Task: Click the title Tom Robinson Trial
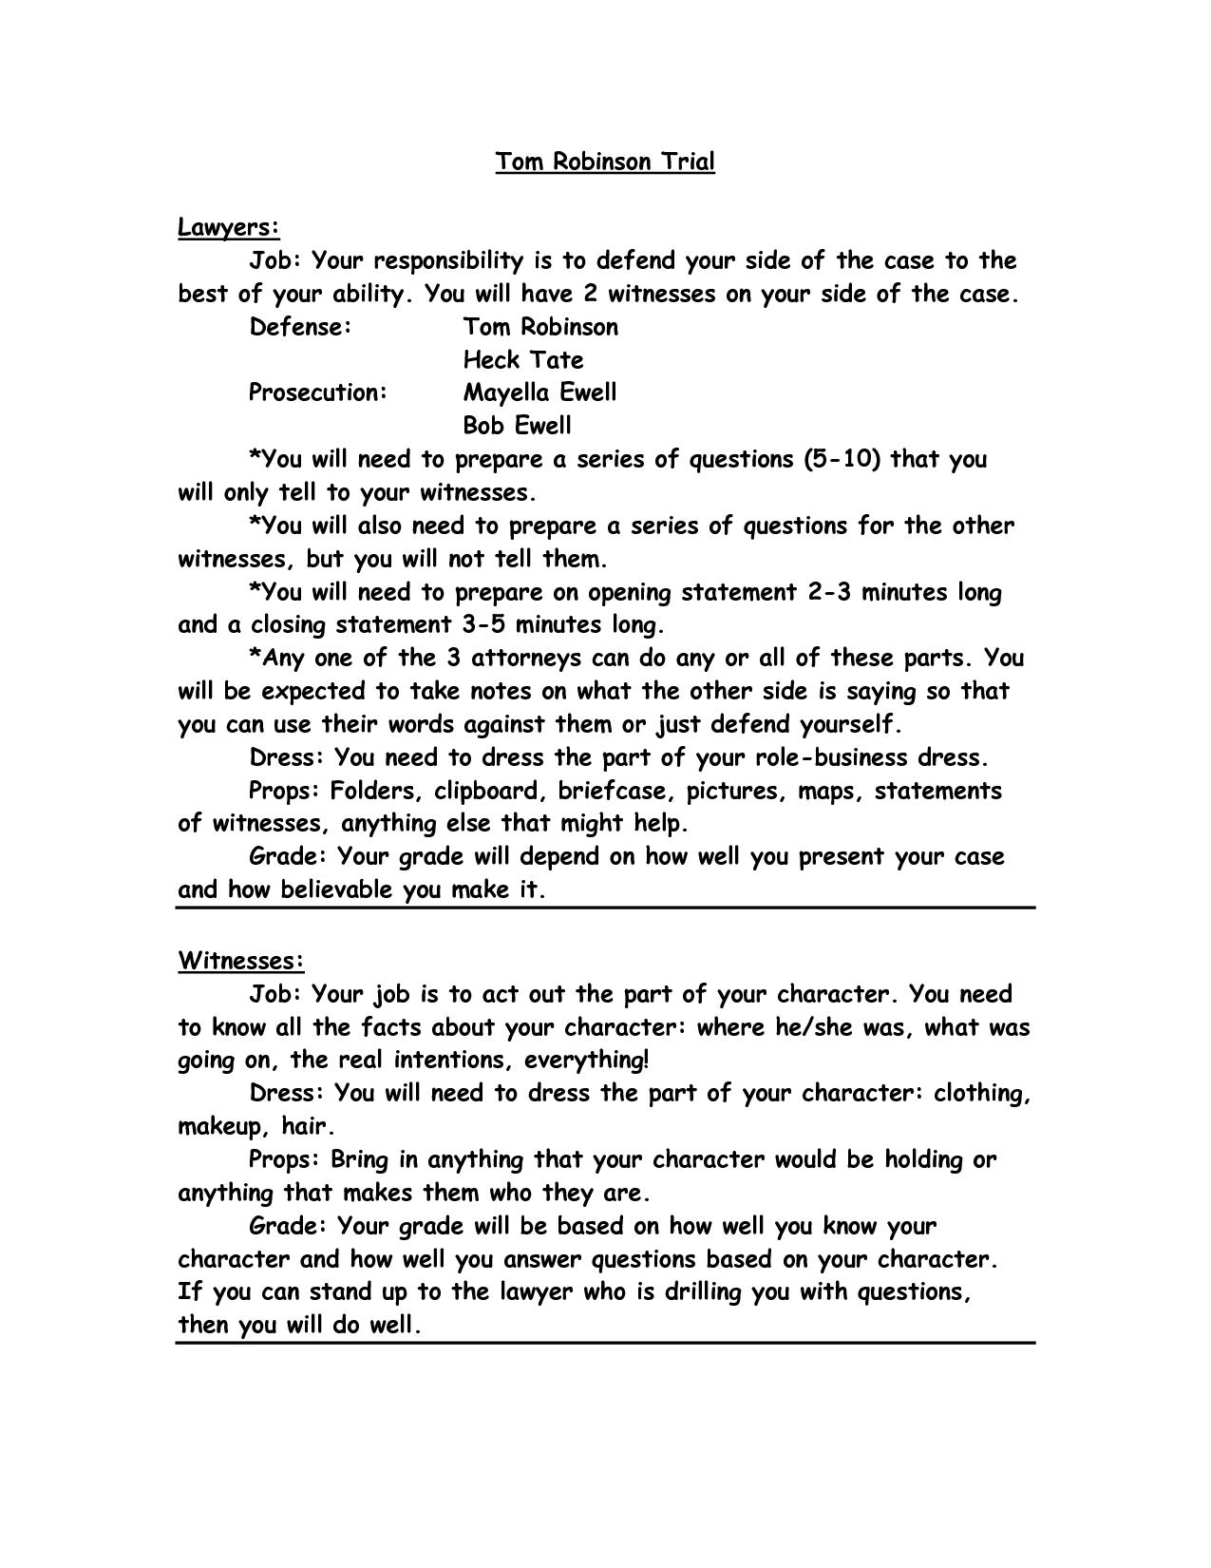point(604,162)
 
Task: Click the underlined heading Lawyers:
point(229,228)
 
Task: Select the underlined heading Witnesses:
point(241,961)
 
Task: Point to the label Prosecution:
point(318,392)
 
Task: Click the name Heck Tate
point(523,360)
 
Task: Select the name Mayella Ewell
point(540,392)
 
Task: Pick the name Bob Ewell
point(518,426)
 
